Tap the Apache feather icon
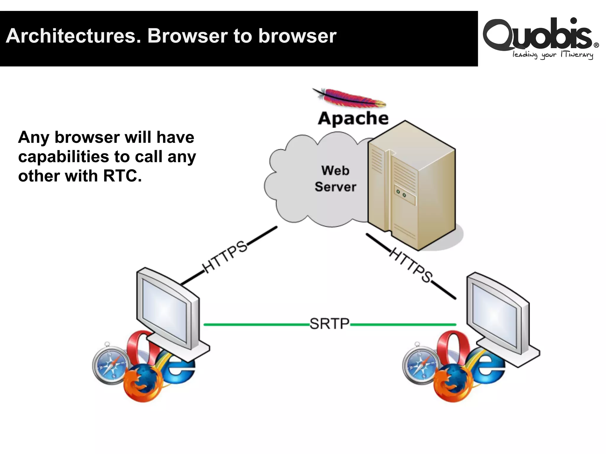pyautogui.click(x=349, y=98)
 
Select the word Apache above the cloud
pyautogui.click(x=353, y=118)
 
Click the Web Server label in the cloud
pyautogui.click(x=335, y=179)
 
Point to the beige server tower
pyautogui.click(x=411, y=186)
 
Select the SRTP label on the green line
pyautogui.click(x=330, y=324)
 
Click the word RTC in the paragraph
pyautogui.click(x=122, y=176)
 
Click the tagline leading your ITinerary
pyautogui.click(x=552, y=55)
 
